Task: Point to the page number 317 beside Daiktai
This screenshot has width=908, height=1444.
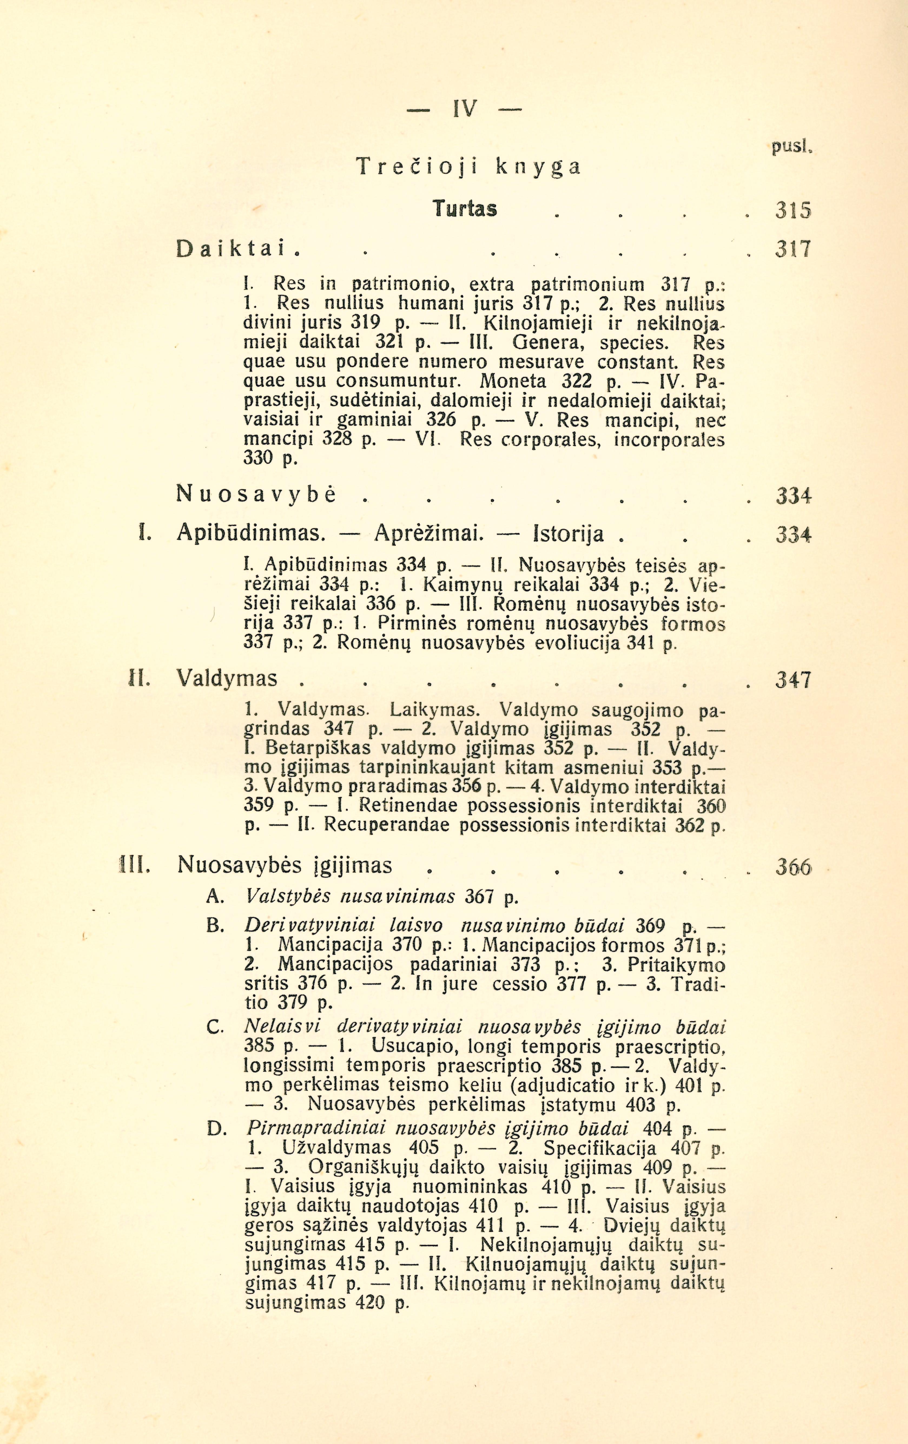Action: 793,249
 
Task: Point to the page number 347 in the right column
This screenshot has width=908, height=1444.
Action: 793,680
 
